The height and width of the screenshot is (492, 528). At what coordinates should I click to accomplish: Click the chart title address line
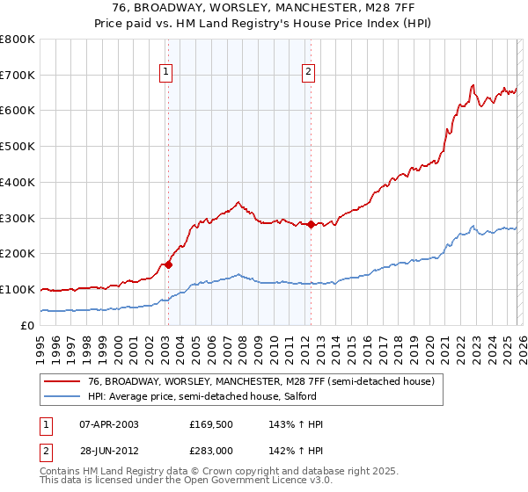point(264,8)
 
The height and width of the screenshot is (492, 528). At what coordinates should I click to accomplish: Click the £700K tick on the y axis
point(18,76)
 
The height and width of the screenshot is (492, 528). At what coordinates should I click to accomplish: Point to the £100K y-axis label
point(18,289)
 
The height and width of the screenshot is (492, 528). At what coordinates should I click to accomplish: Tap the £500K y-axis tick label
point(18,147)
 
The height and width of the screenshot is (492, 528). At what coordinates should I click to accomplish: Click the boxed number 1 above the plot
point(166,73)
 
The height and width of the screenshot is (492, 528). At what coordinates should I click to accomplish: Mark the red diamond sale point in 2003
point(168,264)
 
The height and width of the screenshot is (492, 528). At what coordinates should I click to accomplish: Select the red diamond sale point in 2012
point(311,224)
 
